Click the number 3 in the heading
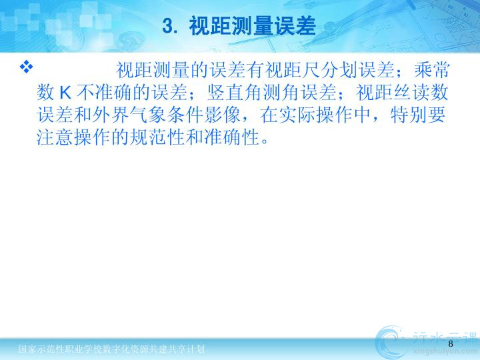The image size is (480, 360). tap(168, 26)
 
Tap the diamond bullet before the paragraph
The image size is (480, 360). tap(26, 67)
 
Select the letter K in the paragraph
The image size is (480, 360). tap(65, 93)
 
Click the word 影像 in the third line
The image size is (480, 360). tap(222, 115)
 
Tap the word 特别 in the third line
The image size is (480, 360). tap(409, 115)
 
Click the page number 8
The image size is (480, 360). tap(450, 344)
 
